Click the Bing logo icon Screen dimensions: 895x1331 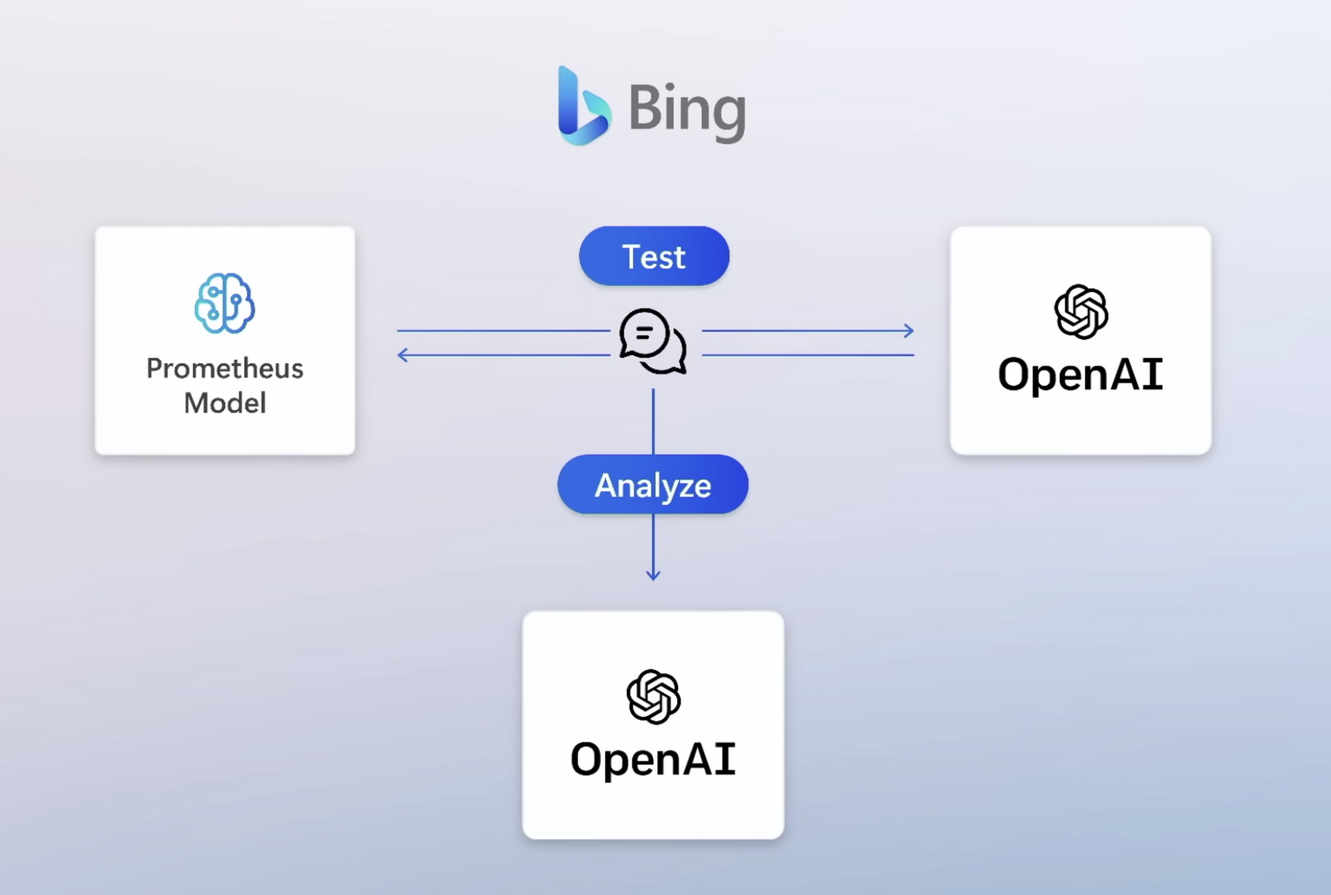583,107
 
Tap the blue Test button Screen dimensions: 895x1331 654,257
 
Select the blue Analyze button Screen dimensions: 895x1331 652,485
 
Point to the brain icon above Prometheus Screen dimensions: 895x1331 225,303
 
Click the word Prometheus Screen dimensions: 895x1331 225,369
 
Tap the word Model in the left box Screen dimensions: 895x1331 225,403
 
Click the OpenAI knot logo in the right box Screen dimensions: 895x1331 1081,311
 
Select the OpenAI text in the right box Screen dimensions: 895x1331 1080,374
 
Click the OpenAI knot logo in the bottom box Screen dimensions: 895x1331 653,696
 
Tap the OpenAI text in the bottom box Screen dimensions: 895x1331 652,759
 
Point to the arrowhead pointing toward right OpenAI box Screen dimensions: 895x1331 909,331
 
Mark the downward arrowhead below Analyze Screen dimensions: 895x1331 653,575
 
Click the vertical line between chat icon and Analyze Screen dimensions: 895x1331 653,421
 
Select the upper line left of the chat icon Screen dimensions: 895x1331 503,331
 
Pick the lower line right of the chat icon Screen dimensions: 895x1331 808,355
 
